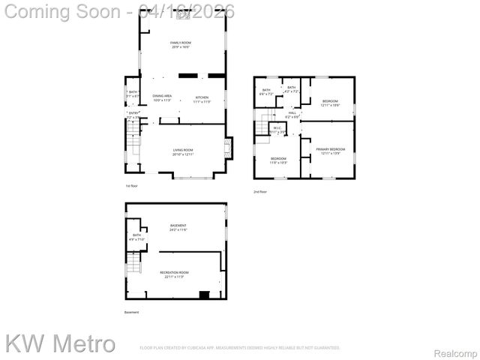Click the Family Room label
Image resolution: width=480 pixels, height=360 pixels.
pyautogui.click(x=181, y=43)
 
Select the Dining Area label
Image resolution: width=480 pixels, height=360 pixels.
pyautogui.click(x=163, y=97)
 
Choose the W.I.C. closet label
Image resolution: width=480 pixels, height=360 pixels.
pyautogui.click(x=277, y=128)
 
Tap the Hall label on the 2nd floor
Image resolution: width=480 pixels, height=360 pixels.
pyautogui.click(x=292, y=114)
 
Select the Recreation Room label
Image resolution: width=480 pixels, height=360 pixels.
pyautogui.click(x=174, y=273)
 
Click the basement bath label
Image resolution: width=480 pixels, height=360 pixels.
pyautogui.click(x=137, y=235)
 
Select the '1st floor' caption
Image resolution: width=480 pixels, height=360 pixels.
pyautogui.click(x=131, y=186)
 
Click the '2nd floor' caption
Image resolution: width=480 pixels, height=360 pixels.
pyautogui.click(x=259, y=192)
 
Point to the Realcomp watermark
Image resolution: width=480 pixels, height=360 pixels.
pyautogui.click(x=456, y=352)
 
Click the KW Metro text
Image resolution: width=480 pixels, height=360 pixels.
pyautogui.click(x=60, y=344)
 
